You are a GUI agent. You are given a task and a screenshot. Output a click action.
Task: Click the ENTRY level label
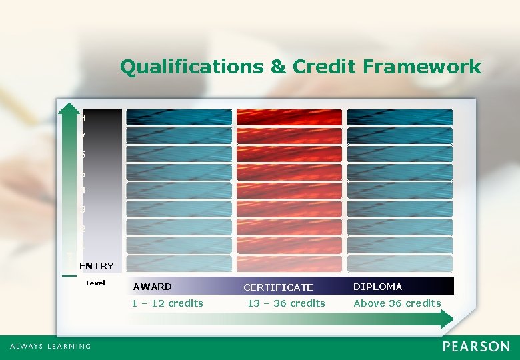97,266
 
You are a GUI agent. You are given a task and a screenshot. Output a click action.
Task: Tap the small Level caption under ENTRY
95,283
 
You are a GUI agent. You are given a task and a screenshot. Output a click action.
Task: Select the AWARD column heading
152,287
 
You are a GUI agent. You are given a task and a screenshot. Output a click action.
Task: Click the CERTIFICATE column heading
278,287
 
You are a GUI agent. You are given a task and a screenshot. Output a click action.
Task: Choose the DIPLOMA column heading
377,287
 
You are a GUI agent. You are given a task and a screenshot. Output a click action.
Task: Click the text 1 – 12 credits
167,303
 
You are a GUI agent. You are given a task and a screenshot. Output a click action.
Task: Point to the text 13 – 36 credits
286,303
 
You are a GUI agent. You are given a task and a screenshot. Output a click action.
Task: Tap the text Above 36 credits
397,303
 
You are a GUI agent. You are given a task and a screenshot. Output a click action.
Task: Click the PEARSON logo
476,347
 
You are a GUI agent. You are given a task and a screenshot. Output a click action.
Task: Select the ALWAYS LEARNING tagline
51,347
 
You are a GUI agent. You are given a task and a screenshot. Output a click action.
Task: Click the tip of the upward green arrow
69,106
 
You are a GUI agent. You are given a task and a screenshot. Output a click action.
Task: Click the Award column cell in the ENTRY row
179,263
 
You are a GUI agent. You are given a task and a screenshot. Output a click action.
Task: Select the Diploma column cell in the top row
400,117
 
